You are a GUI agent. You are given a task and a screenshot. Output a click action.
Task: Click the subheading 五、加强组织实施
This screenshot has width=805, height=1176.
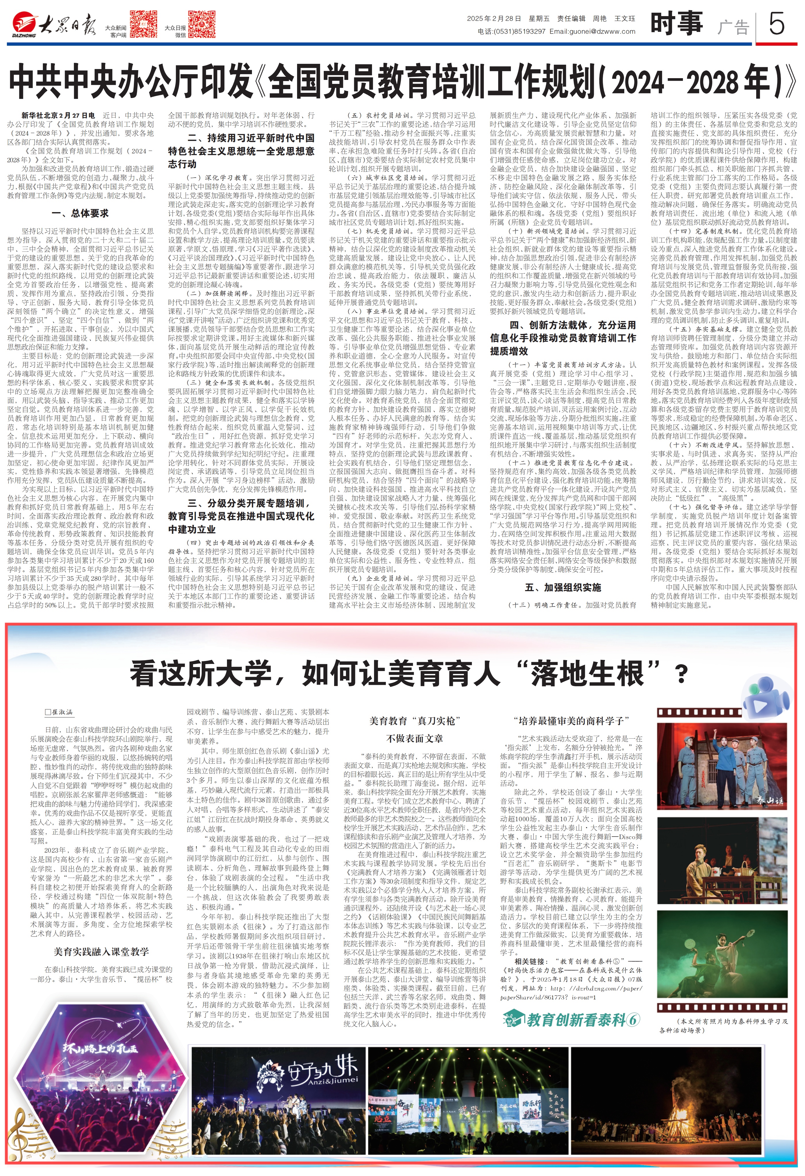click(563, 587)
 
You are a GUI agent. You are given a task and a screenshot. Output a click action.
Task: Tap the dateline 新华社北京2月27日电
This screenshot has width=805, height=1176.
click(58, 115)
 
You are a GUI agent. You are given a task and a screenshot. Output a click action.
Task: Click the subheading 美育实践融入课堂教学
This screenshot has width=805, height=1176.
click(101, 952)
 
